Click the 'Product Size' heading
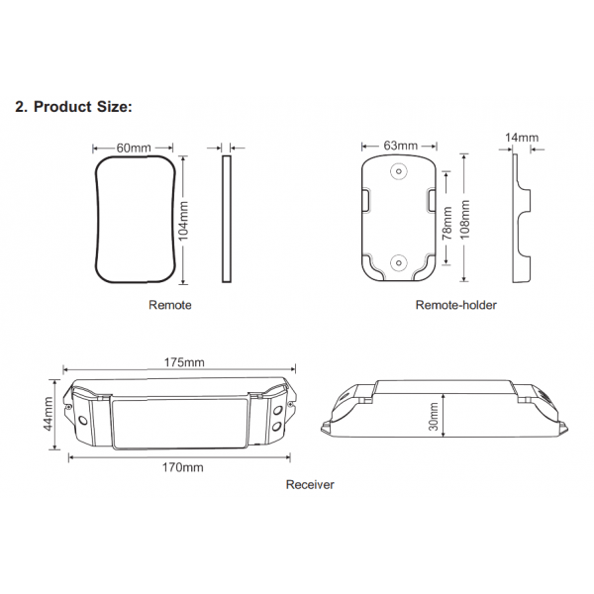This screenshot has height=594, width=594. [x=74, y=107]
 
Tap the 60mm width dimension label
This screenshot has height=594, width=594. [x=134, y=148]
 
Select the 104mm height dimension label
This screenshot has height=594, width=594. [x=183, y=221]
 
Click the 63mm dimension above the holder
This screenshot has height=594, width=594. [x=400, y=146]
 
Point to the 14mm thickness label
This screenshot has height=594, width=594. [x=522, y=138]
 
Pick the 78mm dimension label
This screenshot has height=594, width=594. [x=447, y=223]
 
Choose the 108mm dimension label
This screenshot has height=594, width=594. [x=464, y=220]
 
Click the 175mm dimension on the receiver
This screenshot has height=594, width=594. [x=184, y=362]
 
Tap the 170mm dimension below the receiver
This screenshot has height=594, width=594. [x=183, y=467]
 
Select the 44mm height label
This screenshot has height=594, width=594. [x=48, y=414]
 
